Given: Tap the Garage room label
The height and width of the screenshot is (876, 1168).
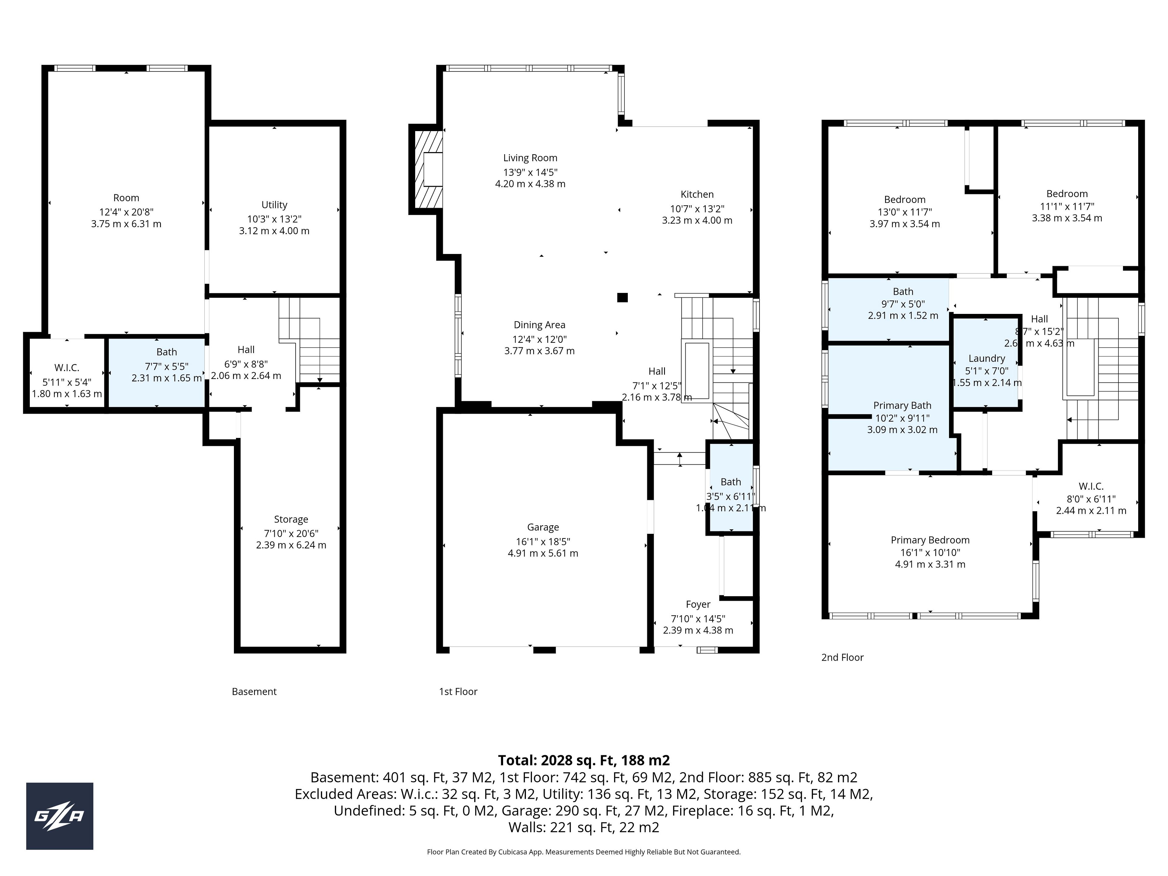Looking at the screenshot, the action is tap(543, 527).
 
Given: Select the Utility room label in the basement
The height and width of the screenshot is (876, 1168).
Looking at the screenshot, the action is tap(274, 205).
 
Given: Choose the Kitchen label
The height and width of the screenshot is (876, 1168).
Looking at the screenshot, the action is tap(697, 194).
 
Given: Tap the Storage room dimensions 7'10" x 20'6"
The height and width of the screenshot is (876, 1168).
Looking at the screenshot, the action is tap(291, 533).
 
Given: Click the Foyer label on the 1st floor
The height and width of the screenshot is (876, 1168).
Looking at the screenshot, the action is tap(698, 604).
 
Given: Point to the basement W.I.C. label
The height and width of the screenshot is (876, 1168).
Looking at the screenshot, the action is tap(67, 367).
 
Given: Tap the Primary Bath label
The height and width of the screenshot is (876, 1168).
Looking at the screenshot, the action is tap(902, 405).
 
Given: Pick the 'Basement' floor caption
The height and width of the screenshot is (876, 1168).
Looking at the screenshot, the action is tap(254, 692).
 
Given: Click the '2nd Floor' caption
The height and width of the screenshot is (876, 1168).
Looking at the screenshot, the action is tap(842, 657).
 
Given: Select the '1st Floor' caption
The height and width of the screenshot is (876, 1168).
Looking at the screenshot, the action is tap(458, 692).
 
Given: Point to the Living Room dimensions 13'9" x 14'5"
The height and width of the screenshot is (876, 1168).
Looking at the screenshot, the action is tap(530, 172).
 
